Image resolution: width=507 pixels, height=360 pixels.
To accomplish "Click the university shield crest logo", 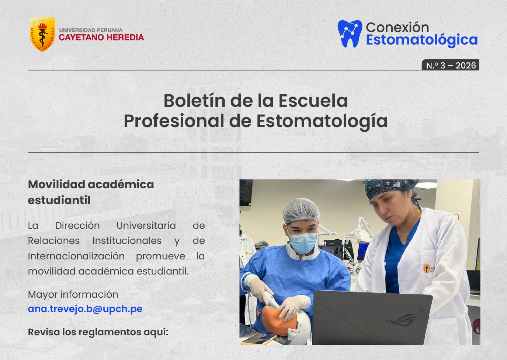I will point(43,34).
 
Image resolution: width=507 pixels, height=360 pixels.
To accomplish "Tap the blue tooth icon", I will point(350,34).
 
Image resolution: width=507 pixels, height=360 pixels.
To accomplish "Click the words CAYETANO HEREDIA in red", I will point(101,38).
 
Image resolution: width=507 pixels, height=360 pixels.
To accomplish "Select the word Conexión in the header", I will point(397,27).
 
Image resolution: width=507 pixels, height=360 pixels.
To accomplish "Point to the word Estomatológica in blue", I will point(421,40).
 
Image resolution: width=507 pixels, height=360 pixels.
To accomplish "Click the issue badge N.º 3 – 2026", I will point(451,65).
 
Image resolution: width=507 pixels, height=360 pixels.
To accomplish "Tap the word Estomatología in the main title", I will point(322,121).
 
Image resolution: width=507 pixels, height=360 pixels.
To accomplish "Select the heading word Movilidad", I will point(56,184).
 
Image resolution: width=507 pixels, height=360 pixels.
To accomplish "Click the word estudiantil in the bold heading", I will point(59,200).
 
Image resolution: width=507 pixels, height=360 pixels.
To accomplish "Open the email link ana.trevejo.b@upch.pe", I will point(85,309).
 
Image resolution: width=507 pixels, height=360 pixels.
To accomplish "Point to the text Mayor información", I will point(73,294).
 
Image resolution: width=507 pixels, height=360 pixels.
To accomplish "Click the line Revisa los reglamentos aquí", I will point(98,332).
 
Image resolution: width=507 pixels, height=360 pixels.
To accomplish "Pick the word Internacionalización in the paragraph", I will point(76,256).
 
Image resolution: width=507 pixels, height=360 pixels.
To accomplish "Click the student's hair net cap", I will point(301,210).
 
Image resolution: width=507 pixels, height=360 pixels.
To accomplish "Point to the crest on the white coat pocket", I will point(427,269).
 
